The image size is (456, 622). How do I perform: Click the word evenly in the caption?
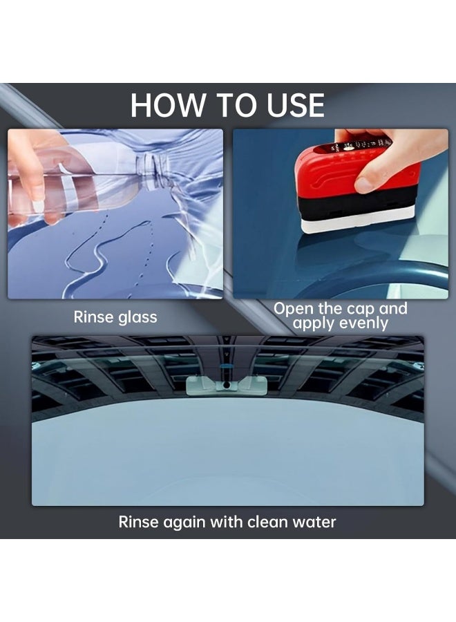tap(361, 323)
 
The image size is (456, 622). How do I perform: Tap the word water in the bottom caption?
tap(313, 522)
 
